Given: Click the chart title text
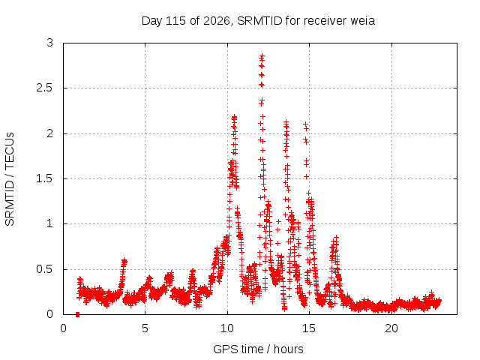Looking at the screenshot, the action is [258, 21].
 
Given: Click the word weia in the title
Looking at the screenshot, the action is [362, 21].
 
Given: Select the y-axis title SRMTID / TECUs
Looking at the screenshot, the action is [10, 179].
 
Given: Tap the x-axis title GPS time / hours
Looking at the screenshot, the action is [258, 349].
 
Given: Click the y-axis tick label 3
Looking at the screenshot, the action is [50, 43].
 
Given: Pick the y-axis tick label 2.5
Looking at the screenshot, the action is [45, 88].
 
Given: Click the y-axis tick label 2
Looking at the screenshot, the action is [50, 133].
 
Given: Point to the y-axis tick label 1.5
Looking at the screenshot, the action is [45, 178].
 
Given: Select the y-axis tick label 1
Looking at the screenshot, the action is [50, 223].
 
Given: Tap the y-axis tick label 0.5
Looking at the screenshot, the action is [45, 269].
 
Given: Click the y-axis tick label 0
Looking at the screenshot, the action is [50, 314].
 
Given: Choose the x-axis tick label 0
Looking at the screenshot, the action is [63, 328].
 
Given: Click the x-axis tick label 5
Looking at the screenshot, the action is [145, 328].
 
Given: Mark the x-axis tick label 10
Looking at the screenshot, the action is [227, 328].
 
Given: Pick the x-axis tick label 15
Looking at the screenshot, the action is [309, 328].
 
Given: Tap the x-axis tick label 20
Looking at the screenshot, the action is [391, 328].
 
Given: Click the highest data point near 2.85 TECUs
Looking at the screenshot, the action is [262, 56].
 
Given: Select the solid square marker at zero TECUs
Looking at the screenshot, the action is [77, 315].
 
